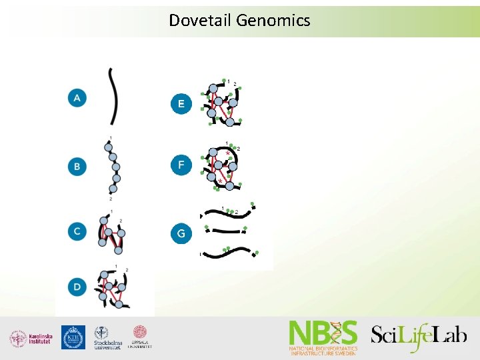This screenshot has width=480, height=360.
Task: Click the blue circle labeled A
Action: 77,98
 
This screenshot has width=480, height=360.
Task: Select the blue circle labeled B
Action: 77,166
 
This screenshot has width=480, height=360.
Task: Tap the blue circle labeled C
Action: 77,231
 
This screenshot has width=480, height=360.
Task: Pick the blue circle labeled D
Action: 77,287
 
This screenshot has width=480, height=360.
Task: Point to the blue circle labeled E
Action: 181,104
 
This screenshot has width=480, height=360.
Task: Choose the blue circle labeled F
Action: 181,164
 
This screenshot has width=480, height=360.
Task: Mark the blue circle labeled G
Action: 181,234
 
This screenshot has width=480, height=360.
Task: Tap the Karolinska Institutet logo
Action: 31,338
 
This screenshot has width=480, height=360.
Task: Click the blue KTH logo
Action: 73,337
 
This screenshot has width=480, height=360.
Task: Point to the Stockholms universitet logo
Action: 107,338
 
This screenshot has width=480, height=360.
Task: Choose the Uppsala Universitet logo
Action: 140,337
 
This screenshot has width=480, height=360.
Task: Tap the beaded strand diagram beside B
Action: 113,167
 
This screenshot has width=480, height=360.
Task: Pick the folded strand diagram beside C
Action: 111,231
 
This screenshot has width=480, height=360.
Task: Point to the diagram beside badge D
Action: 111,287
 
